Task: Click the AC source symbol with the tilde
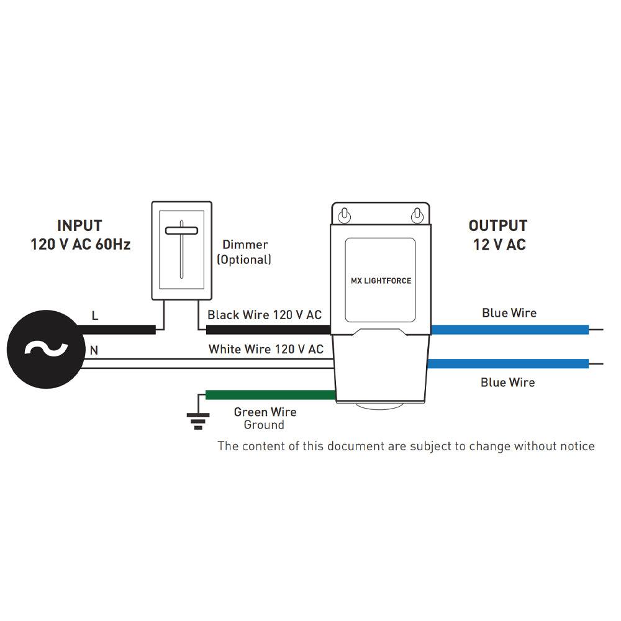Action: tap(45, 349)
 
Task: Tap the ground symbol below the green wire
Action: tap(198, 422)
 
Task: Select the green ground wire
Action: tap(270, 395)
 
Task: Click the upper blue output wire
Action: tap(509, 330)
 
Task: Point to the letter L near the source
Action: tap(95, 315)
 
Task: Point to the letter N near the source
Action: tap(94, 350)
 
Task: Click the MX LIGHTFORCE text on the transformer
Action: tap(381, 281)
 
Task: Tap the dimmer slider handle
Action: tap(181, 231)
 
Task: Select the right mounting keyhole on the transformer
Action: tap(417, 215)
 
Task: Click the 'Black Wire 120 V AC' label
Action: tap(265, 315)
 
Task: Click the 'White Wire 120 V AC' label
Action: tap(266, 350)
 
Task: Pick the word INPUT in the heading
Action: tap(79, 226)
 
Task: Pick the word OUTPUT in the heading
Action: tap(498, 226)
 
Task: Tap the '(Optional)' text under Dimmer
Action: tap(244, 260)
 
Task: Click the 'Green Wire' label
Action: tap(265, 412)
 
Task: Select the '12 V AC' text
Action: tap(499, 245)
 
